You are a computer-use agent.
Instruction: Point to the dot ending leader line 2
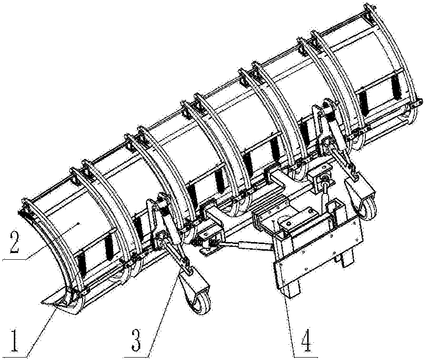click(x=78, y=223)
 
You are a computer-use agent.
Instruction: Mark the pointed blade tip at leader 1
click(x=41, y=301)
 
